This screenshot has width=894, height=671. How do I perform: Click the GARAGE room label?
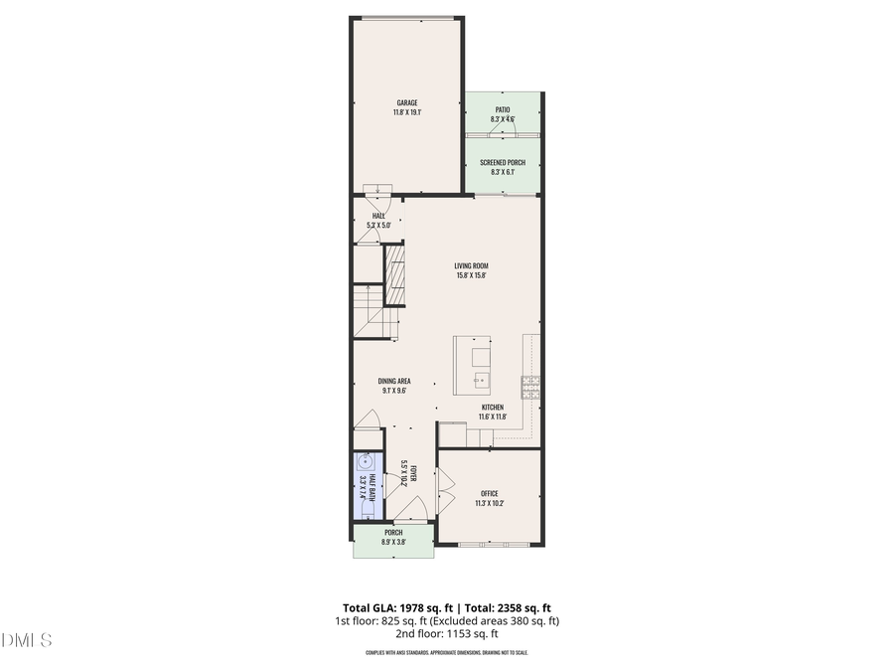407,102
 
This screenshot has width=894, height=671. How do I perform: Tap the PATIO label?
503,109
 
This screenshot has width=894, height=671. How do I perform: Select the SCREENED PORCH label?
503,162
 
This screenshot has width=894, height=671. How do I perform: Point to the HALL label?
378,215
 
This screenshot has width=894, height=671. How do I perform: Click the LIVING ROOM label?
472,265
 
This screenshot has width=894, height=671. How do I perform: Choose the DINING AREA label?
394,381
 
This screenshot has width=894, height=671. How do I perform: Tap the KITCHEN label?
493,407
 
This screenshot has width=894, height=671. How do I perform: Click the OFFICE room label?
490,493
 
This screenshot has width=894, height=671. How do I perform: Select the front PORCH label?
393,533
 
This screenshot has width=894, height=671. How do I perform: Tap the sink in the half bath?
366,461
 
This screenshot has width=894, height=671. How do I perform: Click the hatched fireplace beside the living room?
396,274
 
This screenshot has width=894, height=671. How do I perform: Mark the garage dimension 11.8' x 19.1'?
407,112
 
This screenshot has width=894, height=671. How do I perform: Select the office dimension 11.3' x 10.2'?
490,503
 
